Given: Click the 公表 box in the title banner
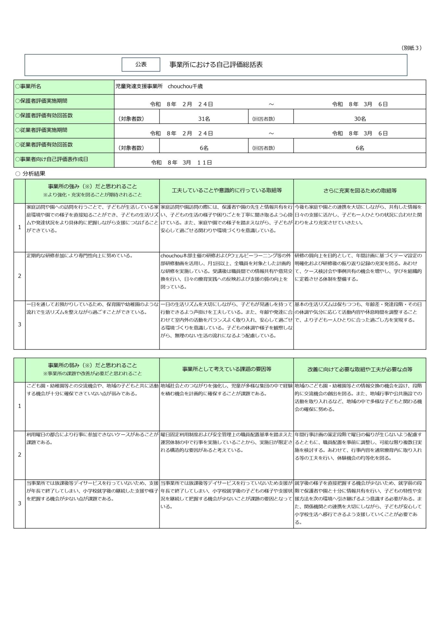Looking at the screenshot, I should (x=141, y=64).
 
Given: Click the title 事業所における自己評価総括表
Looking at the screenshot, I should (x=216, y=64).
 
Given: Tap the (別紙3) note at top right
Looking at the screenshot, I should (x=411, y=48).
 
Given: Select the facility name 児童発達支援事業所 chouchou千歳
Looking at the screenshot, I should (x=159, y=86).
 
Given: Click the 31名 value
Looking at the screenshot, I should (x=204, y=119).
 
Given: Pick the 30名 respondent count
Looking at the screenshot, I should (x=360, y=119).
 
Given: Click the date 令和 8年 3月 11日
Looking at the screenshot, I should (x=181, y=162).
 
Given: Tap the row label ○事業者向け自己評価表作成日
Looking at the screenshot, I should (x=51, y=159).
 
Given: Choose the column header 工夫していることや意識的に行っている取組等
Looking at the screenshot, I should (x=226, y=190).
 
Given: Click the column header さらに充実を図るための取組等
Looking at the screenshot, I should (x=359, y=191).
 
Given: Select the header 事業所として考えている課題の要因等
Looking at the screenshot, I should (x=226, y=369).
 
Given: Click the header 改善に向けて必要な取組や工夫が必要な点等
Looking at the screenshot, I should (x=359, y=370).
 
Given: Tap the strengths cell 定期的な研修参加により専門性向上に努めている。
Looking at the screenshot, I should (x=80, y=256).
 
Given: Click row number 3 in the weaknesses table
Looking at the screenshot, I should (x=19, y=503).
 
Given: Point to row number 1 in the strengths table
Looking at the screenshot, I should (x=19, y=227).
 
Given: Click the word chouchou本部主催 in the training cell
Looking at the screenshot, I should (x=177, y=256).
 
